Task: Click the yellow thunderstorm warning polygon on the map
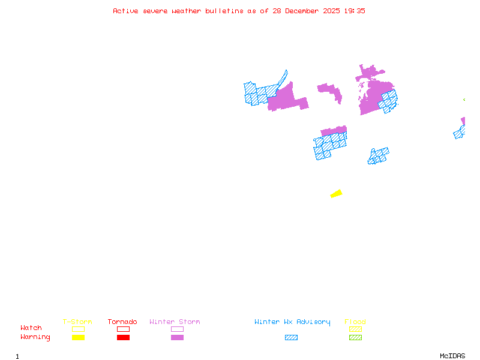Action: [x=337, y=193]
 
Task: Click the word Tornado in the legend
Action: [x=122, y=322]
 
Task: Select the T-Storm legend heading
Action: [x=77, y=322]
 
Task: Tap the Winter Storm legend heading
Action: [x=175, y=322]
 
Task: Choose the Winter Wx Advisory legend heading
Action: [x=292, y=322]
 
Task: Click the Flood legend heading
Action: [x=355, y=322]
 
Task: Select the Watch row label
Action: [x=31, y=328]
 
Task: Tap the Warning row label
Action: [x=35, y=337]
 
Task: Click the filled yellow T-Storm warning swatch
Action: [x=78, y=338]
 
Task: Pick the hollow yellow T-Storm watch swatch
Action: [x=78, y=329]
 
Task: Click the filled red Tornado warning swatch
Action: [x=123, y=338]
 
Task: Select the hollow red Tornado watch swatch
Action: [x=123, y=329]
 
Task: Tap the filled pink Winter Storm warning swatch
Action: [x=177, y=338]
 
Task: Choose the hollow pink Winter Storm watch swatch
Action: [x=177, y=329]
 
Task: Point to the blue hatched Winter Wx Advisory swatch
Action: [x=291, y=338]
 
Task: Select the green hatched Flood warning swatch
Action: [x=355, y=338]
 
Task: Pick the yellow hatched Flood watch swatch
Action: [x=355, y=329]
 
